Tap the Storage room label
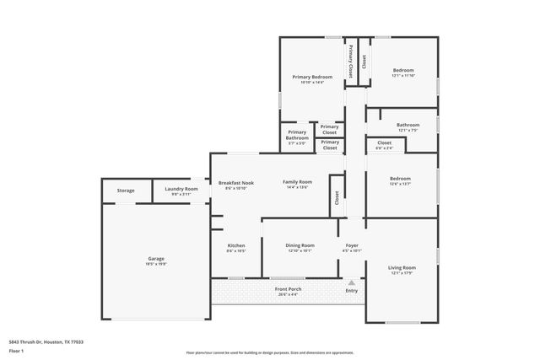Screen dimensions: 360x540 click(x=126, y=191)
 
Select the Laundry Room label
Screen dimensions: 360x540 click(x=181, y=190)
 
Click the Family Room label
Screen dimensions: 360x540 click(x=296, y=183)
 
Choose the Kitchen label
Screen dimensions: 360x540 click(x=236, y=246)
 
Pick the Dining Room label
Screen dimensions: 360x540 click(x=300, y=246)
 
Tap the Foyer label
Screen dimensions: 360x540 click(x=352, y=246)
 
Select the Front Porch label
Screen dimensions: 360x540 click(x=288, y=290)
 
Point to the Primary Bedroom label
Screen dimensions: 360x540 click(x=312, y=78)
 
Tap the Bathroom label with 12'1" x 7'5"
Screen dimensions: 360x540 click(x=408, y=126)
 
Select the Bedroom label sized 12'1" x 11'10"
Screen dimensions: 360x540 click(x=403, y=71)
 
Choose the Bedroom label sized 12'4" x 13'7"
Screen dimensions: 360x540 click(x=400, y=180)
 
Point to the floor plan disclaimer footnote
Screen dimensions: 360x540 click(x=270, y=352)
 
